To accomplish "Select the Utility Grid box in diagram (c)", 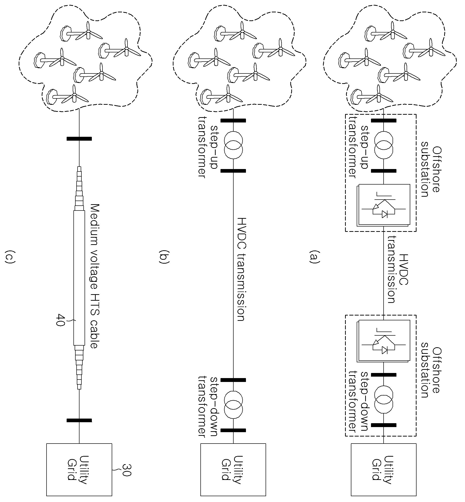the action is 79,470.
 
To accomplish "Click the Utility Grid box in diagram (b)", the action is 233,470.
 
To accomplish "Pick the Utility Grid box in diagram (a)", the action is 384,470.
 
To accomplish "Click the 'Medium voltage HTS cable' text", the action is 93,276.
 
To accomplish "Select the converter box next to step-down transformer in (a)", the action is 384,341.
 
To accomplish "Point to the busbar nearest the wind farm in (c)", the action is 79,138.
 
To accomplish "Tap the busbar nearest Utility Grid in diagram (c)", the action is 79,420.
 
